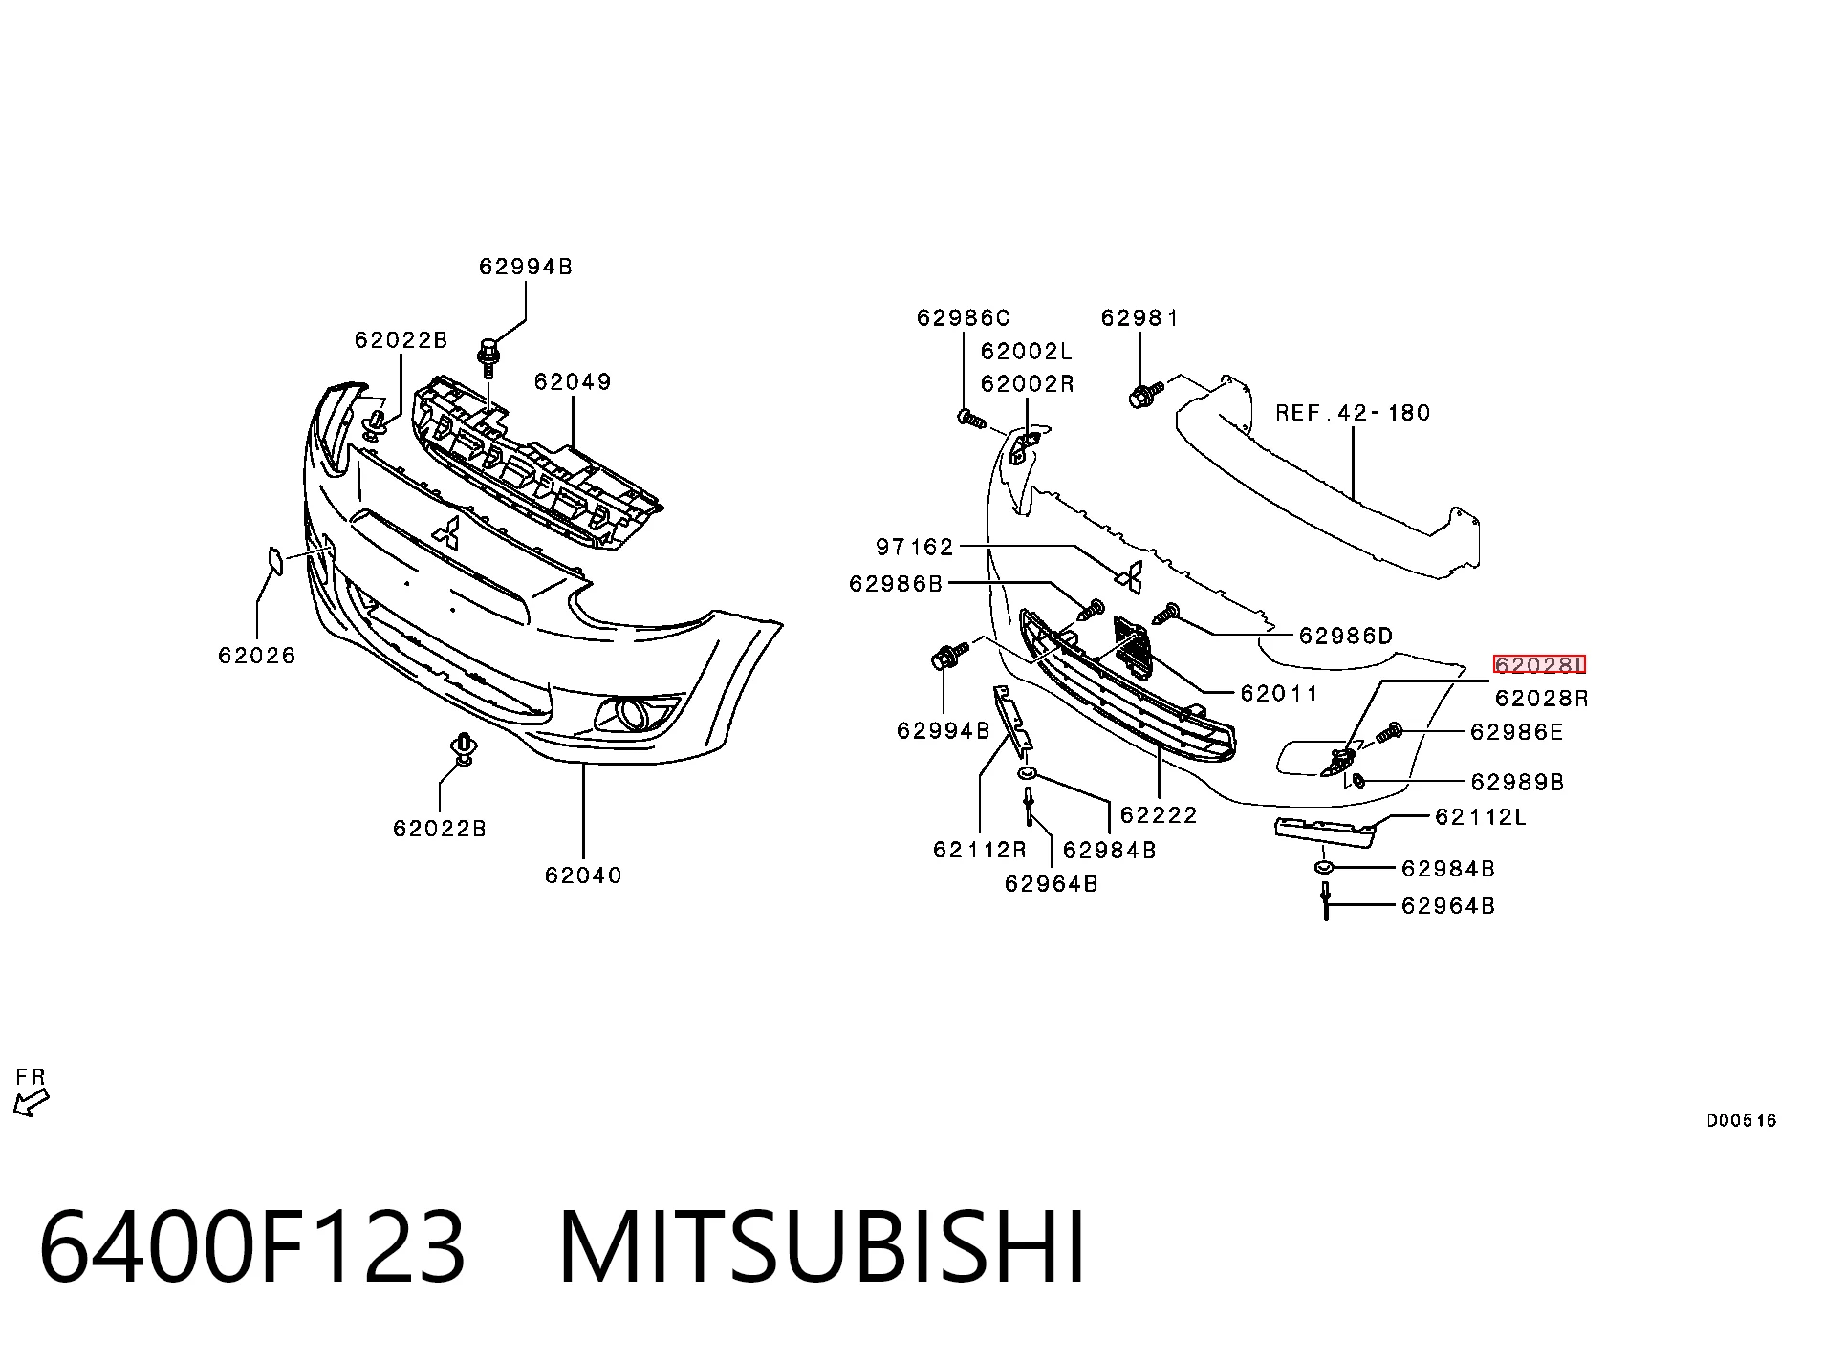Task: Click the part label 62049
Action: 573,381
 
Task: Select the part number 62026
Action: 257,656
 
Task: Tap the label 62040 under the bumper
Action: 583,875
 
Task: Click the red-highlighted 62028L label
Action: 1539,665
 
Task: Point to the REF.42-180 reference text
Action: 1354,413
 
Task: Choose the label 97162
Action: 915,547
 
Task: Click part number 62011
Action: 1279,693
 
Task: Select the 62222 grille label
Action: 1159,815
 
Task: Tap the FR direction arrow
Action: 31,1102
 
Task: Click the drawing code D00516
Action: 1741,1121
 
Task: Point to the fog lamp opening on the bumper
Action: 634,714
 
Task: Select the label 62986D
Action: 1345,637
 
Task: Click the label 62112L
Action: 1481,817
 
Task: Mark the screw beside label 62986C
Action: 970,418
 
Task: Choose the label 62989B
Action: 1517,783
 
